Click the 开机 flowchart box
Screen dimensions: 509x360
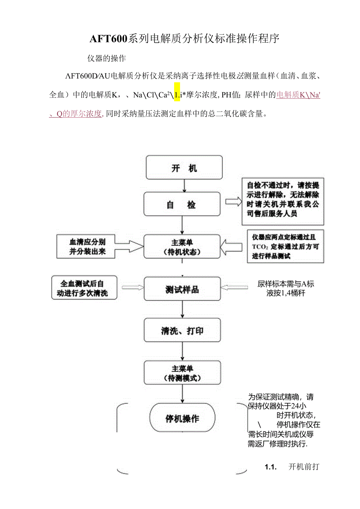[x=184, y=168]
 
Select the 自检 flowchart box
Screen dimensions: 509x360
[x=182, y=204]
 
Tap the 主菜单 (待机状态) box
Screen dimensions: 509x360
[x=182, y=246]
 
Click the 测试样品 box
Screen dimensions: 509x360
[x=182, y=290]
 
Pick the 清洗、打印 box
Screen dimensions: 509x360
[x=182, y=331]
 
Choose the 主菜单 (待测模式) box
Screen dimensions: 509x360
[x=182, y=373]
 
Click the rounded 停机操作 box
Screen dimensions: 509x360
[x=182, y=418]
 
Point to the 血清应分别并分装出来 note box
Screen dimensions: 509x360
[x=87, y=246]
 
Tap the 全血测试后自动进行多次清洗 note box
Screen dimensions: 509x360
[x=84, y=288]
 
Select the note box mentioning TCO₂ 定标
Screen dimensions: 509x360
[x=285, y=246]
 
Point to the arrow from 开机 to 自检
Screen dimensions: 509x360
[x=184, y=186]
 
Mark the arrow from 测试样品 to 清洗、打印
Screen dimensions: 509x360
[x=182, y=310]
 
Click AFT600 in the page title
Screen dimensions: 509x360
[x=108, y=39]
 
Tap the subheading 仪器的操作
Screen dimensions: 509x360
[x=106, y=58]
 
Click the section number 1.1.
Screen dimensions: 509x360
[x=271, y=467]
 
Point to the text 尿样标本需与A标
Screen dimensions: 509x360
[x=286, y=284]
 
